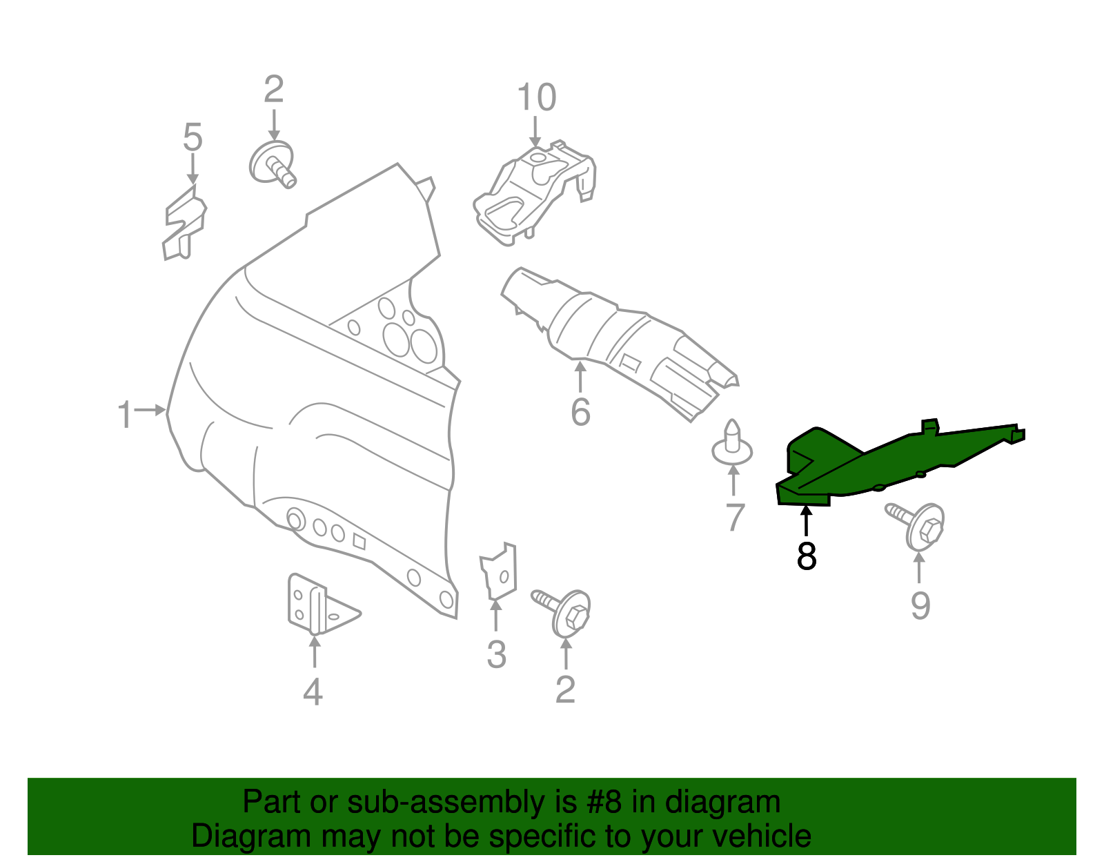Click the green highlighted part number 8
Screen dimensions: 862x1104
890,462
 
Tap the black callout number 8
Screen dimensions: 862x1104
806,556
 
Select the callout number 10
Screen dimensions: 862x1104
536,97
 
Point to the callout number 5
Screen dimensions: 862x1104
193,137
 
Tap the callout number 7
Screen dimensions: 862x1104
736,517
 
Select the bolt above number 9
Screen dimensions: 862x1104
918,526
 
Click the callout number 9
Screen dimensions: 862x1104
920,605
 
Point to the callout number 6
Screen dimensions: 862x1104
580,412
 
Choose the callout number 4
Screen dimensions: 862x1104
313,692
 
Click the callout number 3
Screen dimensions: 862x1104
496,654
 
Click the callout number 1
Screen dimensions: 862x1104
125,415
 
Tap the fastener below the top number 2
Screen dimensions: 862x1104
272,164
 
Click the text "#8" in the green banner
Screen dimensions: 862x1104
604,803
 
